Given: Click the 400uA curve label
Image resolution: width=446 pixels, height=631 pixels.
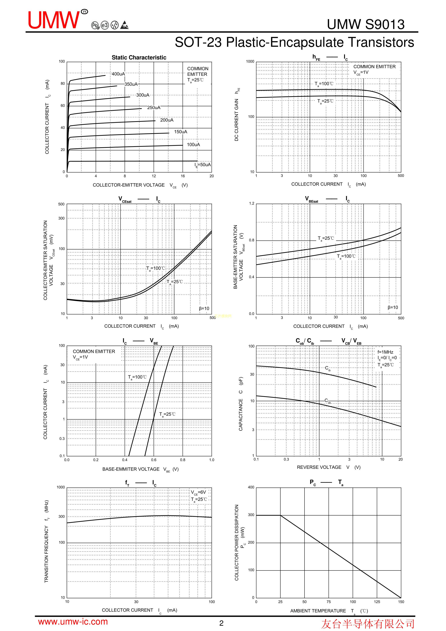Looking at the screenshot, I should [118, 74].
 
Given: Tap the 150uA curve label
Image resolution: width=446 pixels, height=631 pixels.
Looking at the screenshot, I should [180, 132].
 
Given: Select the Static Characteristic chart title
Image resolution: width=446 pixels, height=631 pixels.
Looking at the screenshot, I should [139, 57].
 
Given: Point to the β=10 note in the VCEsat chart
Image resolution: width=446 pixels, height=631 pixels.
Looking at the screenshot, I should [204, 308].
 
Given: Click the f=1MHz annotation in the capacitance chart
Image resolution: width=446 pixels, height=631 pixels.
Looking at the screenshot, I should [385, 352].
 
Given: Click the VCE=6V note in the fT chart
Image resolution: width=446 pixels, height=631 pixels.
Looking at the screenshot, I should [198, 492].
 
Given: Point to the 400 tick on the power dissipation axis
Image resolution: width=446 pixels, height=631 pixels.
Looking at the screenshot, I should [251, 487].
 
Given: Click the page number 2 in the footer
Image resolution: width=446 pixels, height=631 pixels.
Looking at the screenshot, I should [221, 623].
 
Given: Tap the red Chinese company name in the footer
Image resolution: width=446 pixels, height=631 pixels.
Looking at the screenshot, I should [368, 624].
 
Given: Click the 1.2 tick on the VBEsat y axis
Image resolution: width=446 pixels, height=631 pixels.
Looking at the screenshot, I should [251, 204].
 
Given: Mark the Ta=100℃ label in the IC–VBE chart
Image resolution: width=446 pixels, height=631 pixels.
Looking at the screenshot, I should [137, 377].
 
